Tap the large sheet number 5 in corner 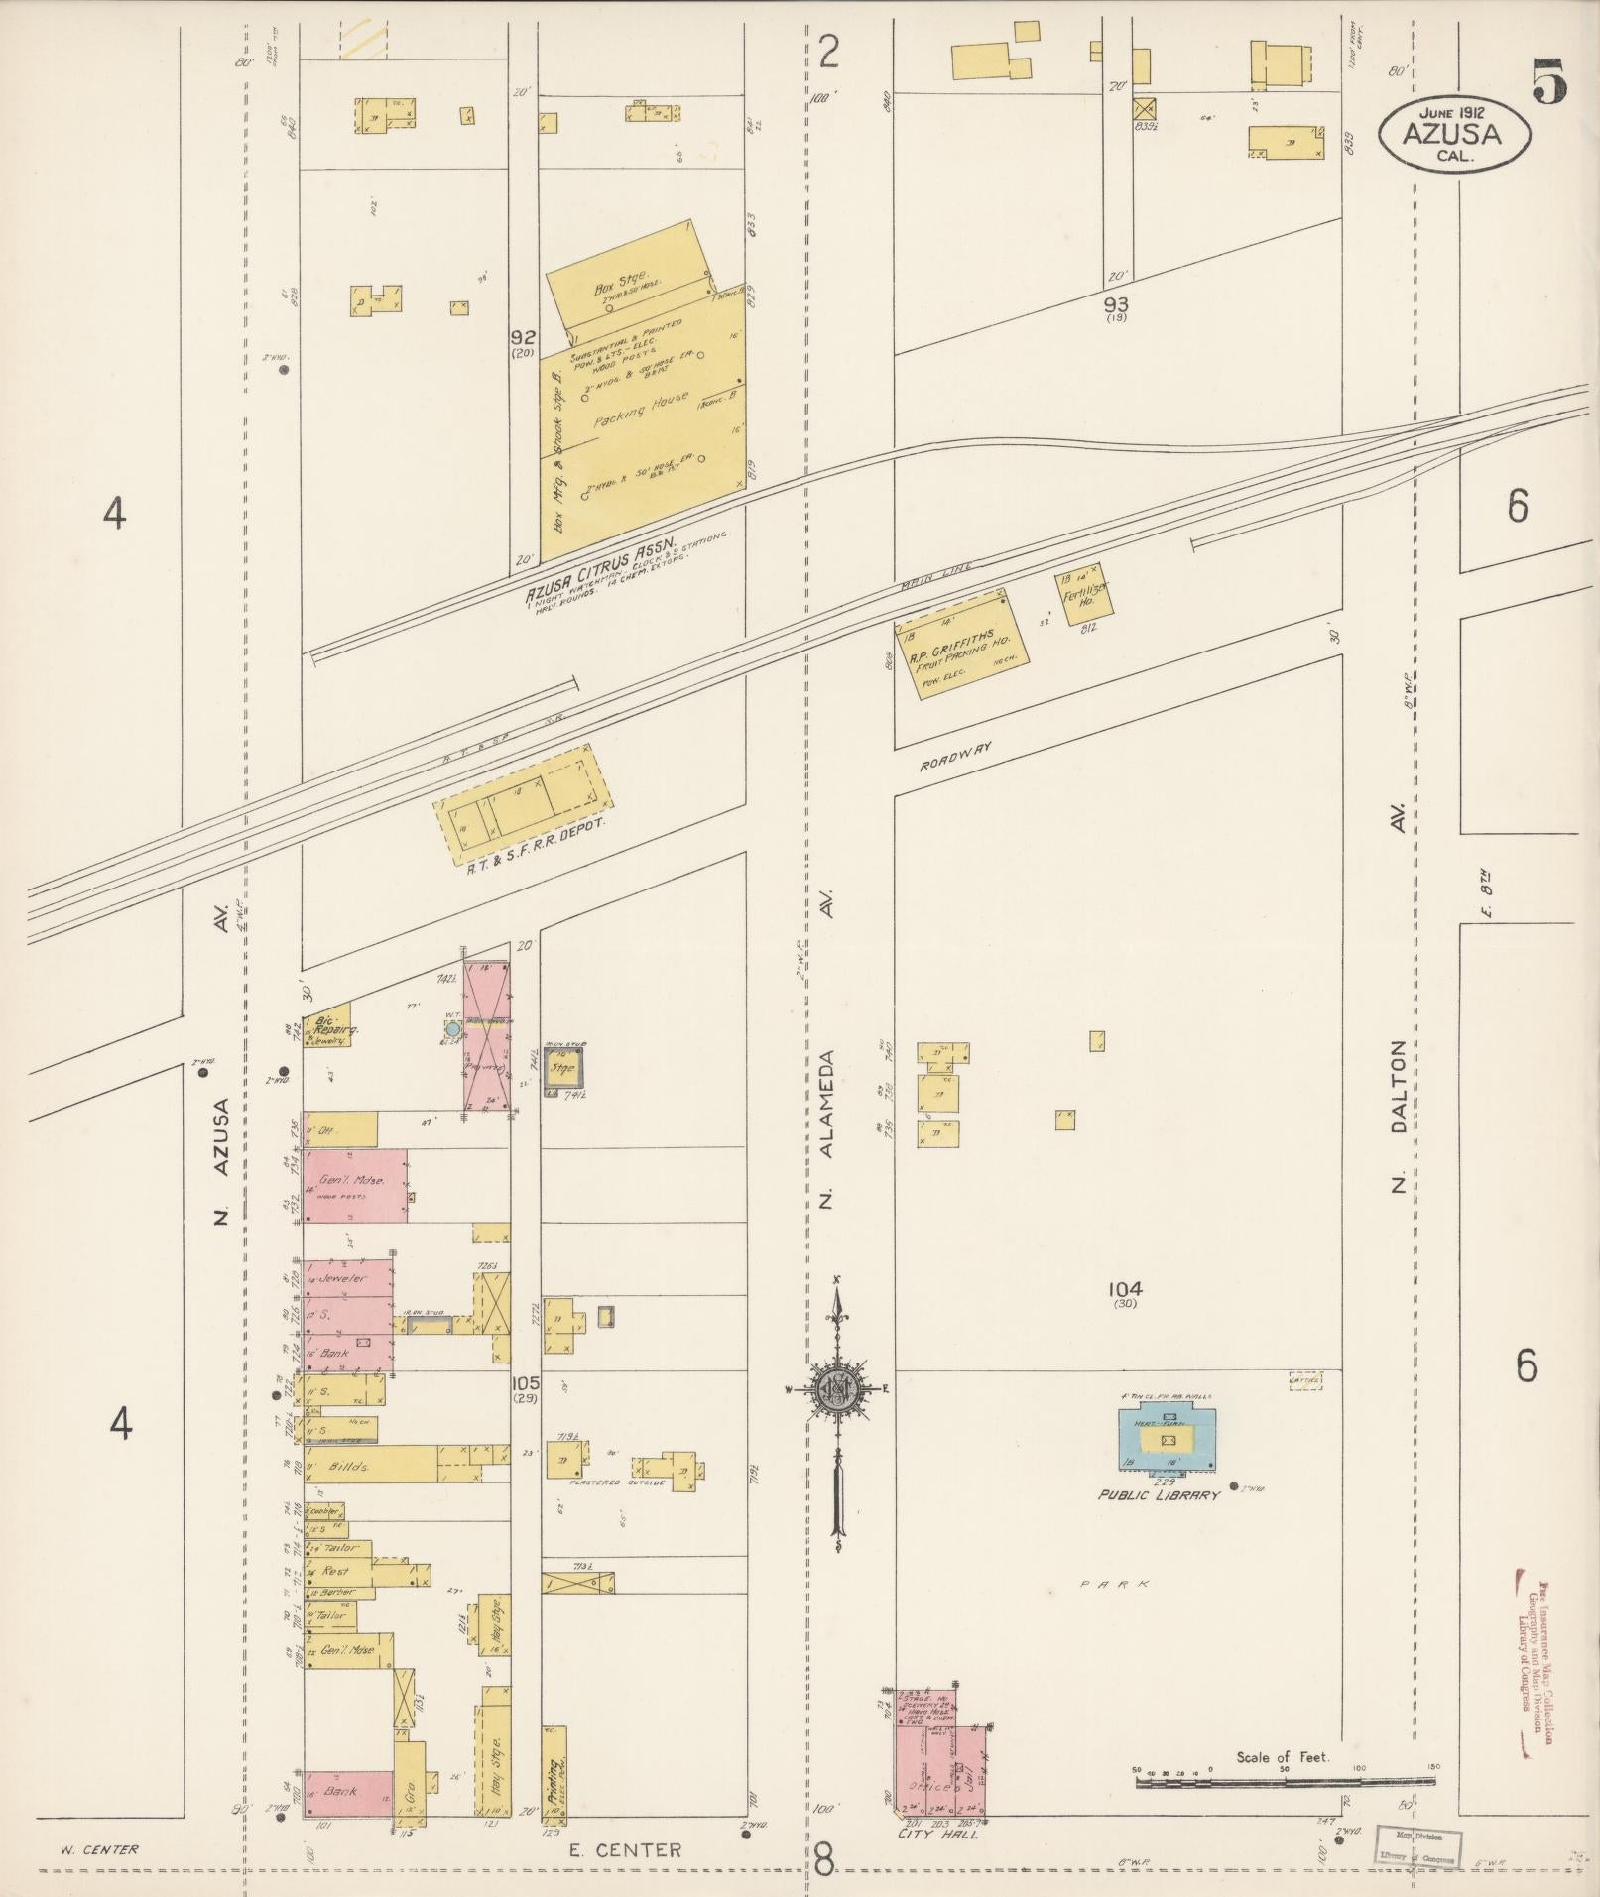[1548, 80]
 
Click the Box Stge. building [627, 276]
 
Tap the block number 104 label [1126, 1290]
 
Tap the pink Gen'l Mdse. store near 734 [354, 1185]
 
